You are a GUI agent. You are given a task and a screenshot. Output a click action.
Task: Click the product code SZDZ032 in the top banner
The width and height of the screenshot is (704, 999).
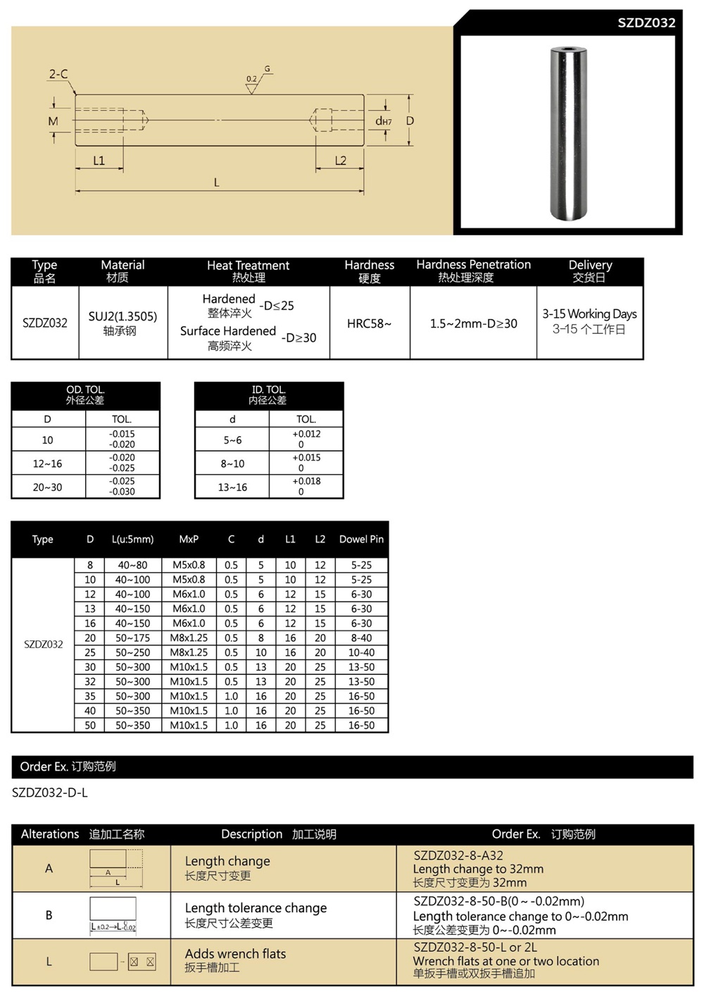pyautogui.click(x=646, y=23)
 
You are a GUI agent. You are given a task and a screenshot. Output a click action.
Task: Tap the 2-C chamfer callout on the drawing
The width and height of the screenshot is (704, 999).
pyautogui.click(x=58, y=74)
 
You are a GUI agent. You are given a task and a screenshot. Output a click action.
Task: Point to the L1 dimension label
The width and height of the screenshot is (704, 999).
pyautogui.click(x=99, y=161)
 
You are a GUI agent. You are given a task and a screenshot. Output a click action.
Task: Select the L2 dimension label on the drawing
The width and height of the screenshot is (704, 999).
pyautogui.click(x=340, y=161)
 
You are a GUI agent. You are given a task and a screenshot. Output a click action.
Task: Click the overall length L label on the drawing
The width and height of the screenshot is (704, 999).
pyautogui.click(x=216, y=182)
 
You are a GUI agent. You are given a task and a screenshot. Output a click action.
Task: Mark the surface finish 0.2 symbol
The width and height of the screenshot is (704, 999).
pyautogui.click(x=252, y=80)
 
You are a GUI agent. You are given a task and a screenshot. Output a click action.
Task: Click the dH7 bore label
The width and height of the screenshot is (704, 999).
pyautogui.click(x=383, y=121)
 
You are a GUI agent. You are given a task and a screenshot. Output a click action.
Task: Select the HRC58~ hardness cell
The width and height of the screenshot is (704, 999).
pyautogui.click(x=369, y=323)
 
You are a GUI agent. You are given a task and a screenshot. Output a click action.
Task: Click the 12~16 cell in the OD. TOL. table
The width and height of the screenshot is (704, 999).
pyautogui.click(x=48, y=464)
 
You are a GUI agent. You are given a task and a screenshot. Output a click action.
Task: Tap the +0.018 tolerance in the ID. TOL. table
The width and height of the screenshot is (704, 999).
pyautogui.click(x=306, y=481)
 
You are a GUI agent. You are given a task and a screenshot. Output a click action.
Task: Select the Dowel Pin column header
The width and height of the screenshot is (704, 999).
pyautogui.click(x=361, y=540)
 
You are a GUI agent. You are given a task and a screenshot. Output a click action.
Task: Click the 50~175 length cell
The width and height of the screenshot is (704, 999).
pyautogui.click(x=132, y=638)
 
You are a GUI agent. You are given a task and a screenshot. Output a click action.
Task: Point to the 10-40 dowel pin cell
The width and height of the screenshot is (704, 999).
pyautogui.click(x=361, y=652)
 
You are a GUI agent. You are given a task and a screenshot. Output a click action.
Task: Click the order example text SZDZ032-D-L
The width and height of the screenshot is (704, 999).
pyautogui.click(x=50, y=793)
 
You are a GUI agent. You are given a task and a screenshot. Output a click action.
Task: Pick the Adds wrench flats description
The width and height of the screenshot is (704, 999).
pyautogui.click(x=235, y=954)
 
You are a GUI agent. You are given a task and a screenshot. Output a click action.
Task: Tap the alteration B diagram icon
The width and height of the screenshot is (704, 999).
pyautogui.click(x=113, y=914)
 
